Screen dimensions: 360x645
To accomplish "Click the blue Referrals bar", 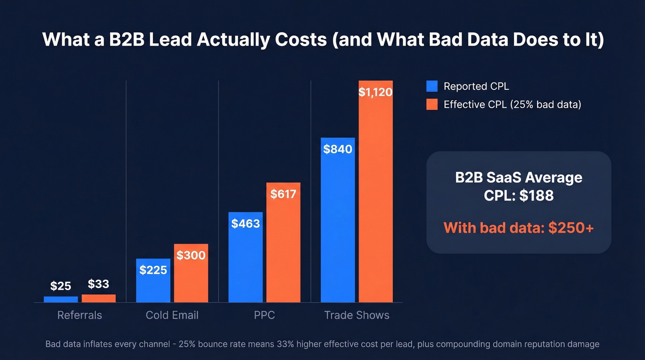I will (x=61, y=299).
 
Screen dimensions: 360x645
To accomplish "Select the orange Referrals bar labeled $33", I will (x=99, y=298).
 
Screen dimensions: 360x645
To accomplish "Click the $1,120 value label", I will (x=375, y=92).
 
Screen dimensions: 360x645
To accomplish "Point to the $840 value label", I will (x=338, y=149).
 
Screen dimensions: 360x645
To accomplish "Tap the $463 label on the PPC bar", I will (x=246, y=224).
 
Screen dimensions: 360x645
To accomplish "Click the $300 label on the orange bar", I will (x=191, y=255).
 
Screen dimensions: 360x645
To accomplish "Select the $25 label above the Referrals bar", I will (x=61, y=286).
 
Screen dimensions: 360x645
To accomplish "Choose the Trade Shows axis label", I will (x=357, y=315).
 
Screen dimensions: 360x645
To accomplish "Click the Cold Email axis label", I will (x=172, y=315).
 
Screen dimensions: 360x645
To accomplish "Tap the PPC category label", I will (x=264, y=315).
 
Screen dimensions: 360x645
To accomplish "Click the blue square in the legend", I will (x=432, y=86).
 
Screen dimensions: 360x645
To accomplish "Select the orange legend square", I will (x=432, y=105).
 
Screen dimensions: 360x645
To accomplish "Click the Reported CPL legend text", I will (x=476, y=86).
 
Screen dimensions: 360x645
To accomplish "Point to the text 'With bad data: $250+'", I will (x=519, y=228).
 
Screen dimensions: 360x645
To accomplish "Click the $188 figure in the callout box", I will (x=536, y=195).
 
